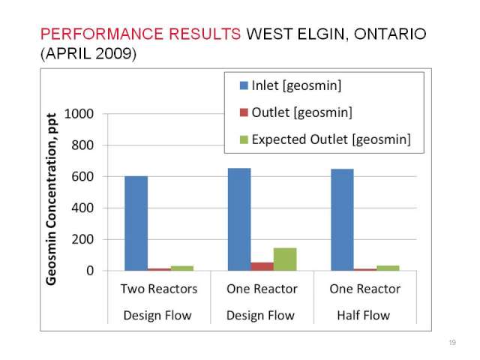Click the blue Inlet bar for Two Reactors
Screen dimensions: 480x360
click(x=136, y=223)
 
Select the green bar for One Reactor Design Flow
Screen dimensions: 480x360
click(x=285, y=259)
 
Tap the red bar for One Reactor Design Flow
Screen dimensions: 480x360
click(x=262, y=267)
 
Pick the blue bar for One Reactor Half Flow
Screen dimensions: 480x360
click(x=342, y=220)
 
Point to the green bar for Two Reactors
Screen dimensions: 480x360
click(x=182, y=268)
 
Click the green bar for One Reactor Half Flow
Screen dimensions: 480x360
click(x=388, y=268)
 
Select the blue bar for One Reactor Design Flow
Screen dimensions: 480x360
click(x=239, y=220)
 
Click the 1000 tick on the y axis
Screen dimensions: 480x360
click(x=79, y=113)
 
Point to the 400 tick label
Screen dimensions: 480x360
click(x=82, y=208)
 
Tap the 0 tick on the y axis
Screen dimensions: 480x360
click(x=90, y=271)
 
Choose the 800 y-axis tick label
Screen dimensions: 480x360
click(x=82, y=145)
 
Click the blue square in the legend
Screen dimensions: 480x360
click(x=244, y=85)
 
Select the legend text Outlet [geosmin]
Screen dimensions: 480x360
click(x=301, y=112)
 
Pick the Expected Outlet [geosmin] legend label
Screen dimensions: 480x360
click(x=331, y=139)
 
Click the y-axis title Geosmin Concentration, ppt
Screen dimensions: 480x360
click(x=51, y=199)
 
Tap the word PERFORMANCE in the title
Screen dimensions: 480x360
click(x=102, y=34)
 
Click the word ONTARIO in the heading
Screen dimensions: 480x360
click(x=390, y=34)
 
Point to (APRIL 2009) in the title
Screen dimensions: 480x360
click(x=88, y=53)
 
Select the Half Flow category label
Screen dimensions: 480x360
click(x=363, y=315)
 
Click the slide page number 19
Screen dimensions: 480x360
click(x=452, y=342)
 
